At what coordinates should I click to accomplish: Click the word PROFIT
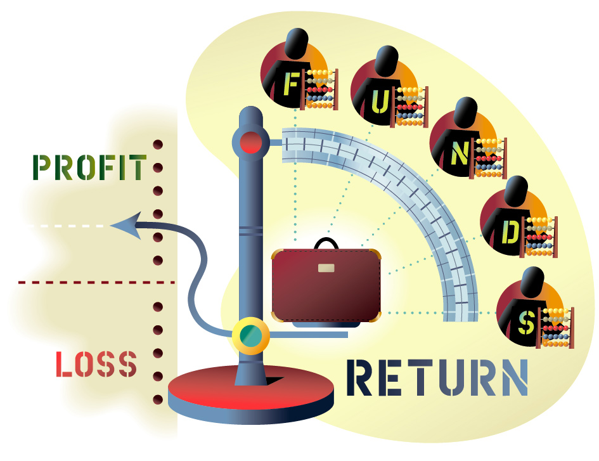click(89, 167)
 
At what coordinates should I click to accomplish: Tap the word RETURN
click(437, 378)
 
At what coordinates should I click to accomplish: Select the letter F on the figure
click(291, 85)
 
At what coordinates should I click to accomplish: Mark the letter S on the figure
click(526, 322)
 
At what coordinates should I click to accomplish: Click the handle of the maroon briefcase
click(326, 243)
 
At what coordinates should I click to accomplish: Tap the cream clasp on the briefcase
click(326, 268)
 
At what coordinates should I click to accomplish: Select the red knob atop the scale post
click(250, 141)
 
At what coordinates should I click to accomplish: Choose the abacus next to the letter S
click(557, 327)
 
